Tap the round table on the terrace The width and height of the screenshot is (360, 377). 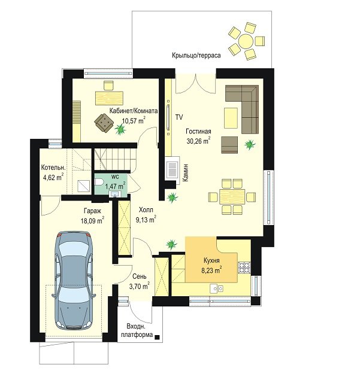tap(246, 41)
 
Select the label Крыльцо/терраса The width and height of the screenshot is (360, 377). tap(196, 55)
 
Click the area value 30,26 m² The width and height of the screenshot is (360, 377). tap(198, 141)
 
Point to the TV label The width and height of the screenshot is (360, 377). tap(179, 117)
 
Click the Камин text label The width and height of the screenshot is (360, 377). tap(186, 172)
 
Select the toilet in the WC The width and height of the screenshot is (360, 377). tap(99, 182)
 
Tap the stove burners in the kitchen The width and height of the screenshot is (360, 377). tap(244, 267)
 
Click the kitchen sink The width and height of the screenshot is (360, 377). tap(217, 288)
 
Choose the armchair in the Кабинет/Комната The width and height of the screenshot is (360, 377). tap(104, 123)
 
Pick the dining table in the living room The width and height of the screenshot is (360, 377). tap(232, 196)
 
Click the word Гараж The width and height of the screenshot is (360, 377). tap(92, 211)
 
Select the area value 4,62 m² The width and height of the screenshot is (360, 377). tap(53, 177)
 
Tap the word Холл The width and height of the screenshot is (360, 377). tap(146, 209)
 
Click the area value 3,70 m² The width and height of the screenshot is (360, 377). tap(140, 286)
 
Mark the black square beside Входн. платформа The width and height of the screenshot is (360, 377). tap(157, 338)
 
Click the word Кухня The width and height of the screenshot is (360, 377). tap(211, 260)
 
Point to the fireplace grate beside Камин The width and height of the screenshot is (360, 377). tap(172, 169)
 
